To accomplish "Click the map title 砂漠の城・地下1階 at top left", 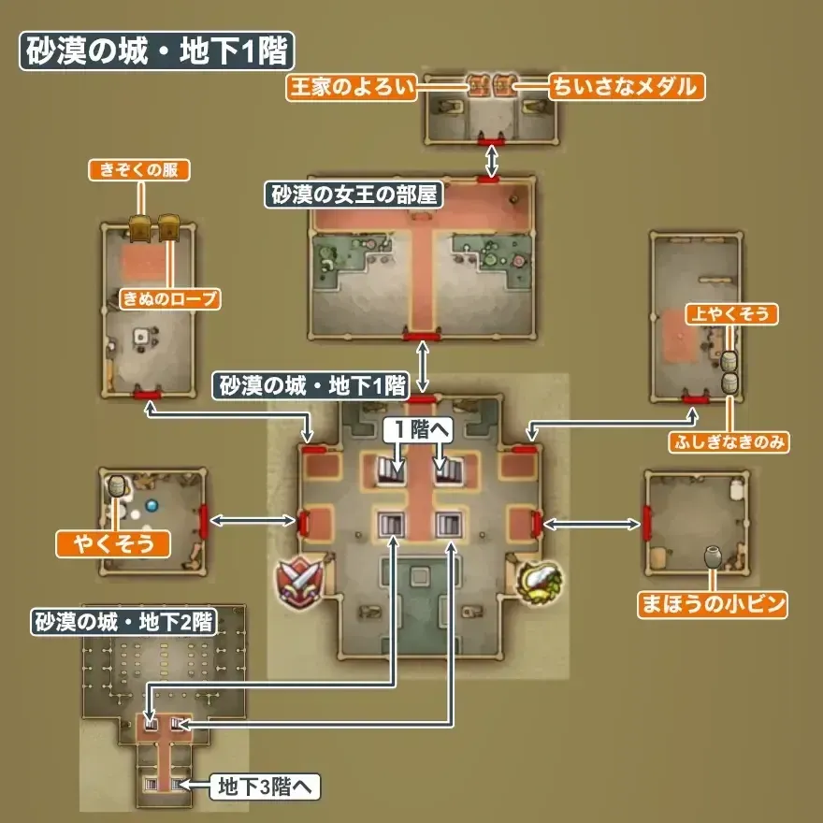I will click(x=156, y=52).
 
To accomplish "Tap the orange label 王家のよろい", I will click(x=345, y=87).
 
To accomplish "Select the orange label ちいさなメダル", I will click(x=626, y=87).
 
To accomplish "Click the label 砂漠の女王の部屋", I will click(x=354, y=196).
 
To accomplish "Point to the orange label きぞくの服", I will click(x=139, y=170).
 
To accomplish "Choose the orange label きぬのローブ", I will click(x=169, y=299).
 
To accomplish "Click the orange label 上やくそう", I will click(x=732, y=314).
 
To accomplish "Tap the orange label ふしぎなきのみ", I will click(x=729, y=441).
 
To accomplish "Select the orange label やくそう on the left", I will click(x=113, y=542).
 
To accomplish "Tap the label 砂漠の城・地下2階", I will click(x=123, y=623).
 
